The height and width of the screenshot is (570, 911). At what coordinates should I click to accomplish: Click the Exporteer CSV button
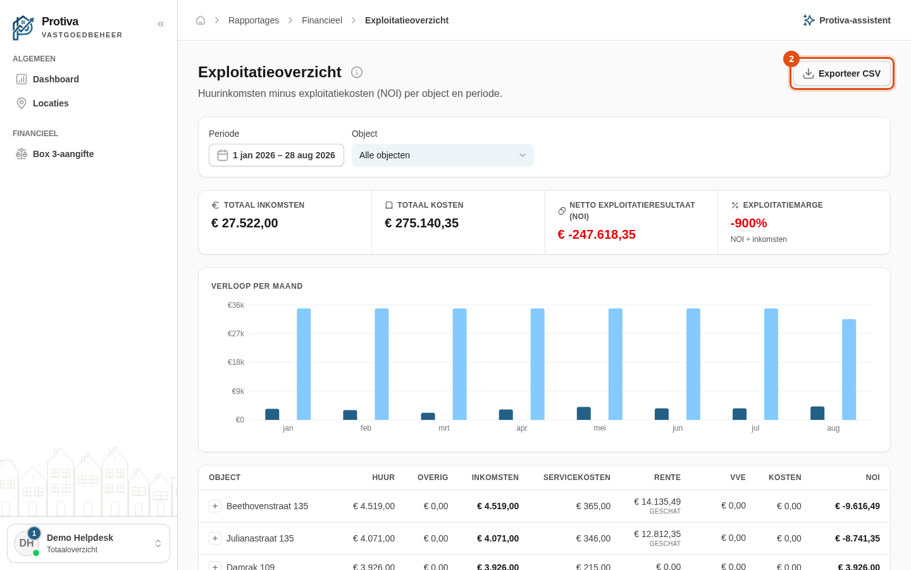pyautogui.click(x=841, y=73)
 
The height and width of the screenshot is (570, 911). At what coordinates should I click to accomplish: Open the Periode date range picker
pyautogui.click(x=276, y=155)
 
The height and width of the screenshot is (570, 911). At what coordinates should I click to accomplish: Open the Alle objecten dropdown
pyautogui.click(x=442, y=155)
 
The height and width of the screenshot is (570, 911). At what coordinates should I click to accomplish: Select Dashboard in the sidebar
pyautogui.click(x=56, y=79)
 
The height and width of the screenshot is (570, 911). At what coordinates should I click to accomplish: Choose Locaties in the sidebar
pyautogui.click(x=51, y=103)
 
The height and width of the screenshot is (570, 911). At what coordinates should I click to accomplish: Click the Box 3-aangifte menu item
pyautogui.click(x=63, y=154)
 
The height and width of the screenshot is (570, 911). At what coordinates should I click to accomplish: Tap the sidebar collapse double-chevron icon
pyautogui.click(x=161, y=24)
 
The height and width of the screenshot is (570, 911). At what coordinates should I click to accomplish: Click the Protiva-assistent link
pyautogui.click(x=846, y=20)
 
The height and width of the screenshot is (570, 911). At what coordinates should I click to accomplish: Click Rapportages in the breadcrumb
pyautogui.click(x=253, y=20)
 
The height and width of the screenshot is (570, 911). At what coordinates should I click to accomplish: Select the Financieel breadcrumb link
pyautogui.click(x=321, y=20)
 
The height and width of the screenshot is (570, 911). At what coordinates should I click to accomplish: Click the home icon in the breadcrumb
pyautogui.click(x=201, y=20)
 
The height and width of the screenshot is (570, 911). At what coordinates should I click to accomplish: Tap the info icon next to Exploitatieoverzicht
pyautogui.click(x=357, y=72)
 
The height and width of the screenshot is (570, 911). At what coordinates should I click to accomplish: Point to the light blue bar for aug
pyautogui.click(x=849, y=369)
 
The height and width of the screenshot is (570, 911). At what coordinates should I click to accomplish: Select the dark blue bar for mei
pyautogui.click(x=583, y=413)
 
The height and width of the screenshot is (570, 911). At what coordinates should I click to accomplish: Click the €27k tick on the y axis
pyautogui.click(x=236, y=333)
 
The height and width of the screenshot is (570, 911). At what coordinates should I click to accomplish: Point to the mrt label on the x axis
pyautogui.click(x=443, y=428)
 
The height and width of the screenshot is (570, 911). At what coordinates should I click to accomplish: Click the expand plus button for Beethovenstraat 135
pyautogui.click(x=214, y=506)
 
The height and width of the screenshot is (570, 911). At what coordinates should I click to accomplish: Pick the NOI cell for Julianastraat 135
pyautogui.click(x=857, y=538)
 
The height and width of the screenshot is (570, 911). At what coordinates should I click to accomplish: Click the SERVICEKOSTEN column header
pyautogui.click(x=577, y=477)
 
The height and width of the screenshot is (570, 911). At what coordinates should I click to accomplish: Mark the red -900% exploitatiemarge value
pyautogui.click(x=748, y=223)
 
